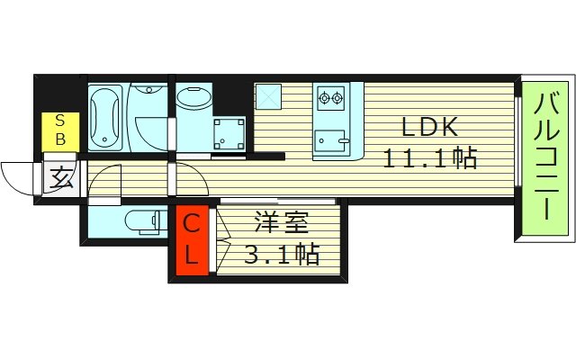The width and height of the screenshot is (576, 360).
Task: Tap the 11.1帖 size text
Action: coord(429,159)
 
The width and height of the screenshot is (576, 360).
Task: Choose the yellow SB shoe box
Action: coord(60,131)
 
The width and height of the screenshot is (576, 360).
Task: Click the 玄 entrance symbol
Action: coord(59,177)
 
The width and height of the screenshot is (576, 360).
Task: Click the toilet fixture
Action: coord(139,220)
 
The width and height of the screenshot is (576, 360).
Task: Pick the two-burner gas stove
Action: coord(330,96)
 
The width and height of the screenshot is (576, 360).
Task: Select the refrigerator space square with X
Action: coord(268,96)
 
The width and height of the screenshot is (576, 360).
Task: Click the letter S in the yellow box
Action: coord(60,121)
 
